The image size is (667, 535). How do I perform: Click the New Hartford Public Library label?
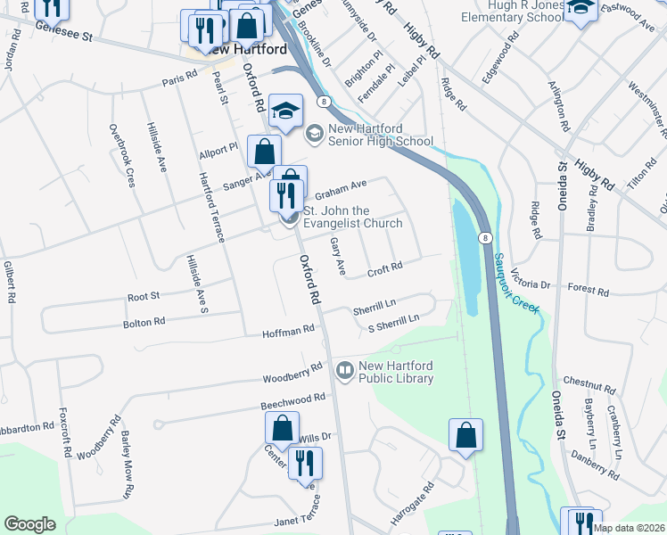(395, 373)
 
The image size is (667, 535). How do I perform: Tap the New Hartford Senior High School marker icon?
(313, 134)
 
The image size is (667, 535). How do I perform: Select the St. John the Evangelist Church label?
(352, 217)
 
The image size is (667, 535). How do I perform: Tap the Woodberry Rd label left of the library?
(292, 370)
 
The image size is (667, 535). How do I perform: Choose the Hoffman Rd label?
(288, 330)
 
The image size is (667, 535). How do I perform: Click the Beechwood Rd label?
(293, 401)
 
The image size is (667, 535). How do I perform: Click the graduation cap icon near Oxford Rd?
(286, 111)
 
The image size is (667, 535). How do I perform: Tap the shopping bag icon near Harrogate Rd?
(465, 436)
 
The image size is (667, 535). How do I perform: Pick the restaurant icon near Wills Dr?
(305, 463)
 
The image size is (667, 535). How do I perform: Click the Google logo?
(29, 524)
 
